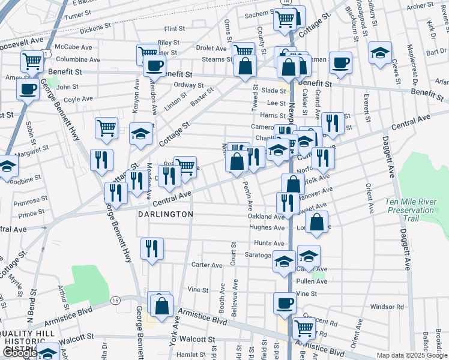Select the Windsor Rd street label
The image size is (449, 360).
pos(387,307)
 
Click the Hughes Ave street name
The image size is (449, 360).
pos(268,228)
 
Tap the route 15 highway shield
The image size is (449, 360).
pos(115,299)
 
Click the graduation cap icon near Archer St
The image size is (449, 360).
pos(380,53)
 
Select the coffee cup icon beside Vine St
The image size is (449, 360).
pos(285,303)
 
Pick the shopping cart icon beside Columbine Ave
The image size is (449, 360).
pos(32,61)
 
